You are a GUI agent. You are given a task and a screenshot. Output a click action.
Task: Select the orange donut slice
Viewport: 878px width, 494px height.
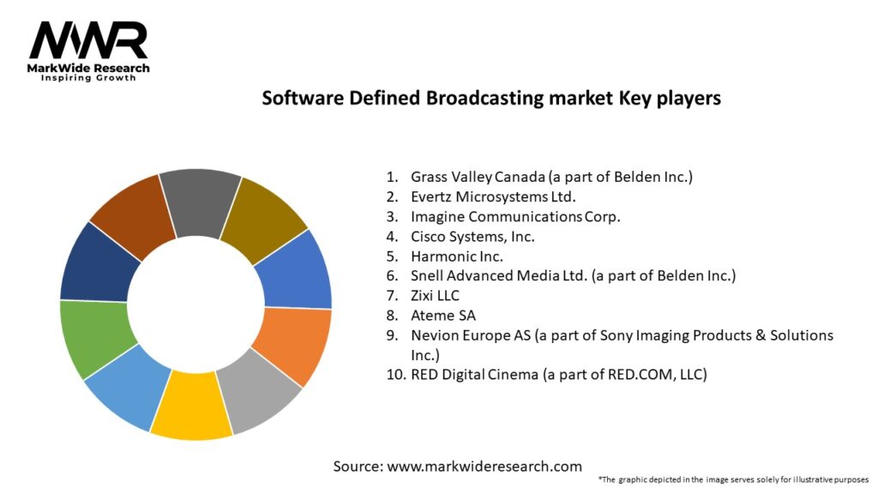coord(296,345)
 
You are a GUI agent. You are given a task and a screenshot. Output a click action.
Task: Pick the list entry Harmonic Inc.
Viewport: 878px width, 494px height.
coord(457,256)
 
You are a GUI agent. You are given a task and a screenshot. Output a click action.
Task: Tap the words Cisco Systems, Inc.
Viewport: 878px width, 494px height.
coord(473,236)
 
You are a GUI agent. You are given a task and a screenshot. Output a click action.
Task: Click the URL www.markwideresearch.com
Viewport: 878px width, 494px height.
coord(484,467)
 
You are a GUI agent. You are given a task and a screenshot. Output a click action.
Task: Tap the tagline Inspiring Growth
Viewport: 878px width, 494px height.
coord(88,78)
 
